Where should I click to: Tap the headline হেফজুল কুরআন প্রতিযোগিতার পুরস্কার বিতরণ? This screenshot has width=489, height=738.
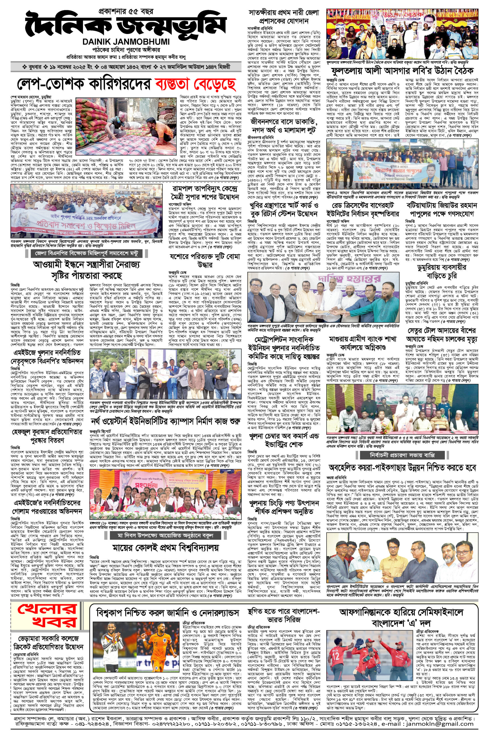[47, 436]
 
